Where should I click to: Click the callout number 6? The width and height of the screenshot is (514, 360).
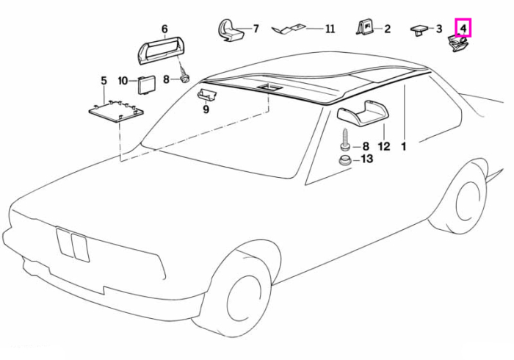164,29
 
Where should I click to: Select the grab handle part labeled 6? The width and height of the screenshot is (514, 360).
161,50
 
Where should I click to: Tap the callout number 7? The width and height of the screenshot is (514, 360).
256,29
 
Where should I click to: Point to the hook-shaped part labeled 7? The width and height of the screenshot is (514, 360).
229,31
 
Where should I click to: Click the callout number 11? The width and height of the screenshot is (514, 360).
330,29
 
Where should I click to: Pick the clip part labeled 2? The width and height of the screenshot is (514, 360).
364,26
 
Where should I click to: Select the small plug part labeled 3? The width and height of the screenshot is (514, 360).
419,30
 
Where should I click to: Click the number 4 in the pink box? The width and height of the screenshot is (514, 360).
463,29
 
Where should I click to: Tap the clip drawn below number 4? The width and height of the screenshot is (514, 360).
458,44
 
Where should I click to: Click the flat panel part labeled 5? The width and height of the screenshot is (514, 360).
116,111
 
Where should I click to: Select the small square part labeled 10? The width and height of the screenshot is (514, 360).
146,84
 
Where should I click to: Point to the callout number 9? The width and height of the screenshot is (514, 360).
206,109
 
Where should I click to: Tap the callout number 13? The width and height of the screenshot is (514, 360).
367,159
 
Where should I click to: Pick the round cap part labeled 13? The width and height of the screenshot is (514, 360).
344,161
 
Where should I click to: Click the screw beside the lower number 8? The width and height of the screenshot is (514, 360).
345,140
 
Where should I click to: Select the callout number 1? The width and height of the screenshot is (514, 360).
404,146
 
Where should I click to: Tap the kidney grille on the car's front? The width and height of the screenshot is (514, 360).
73,245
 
